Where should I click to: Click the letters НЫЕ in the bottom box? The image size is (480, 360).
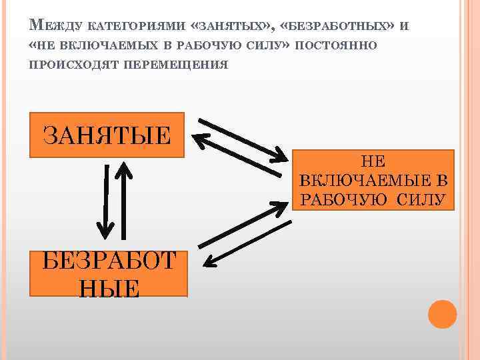tap(109, 288)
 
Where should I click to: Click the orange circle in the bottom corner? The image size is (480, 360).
tap(442, 313)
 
